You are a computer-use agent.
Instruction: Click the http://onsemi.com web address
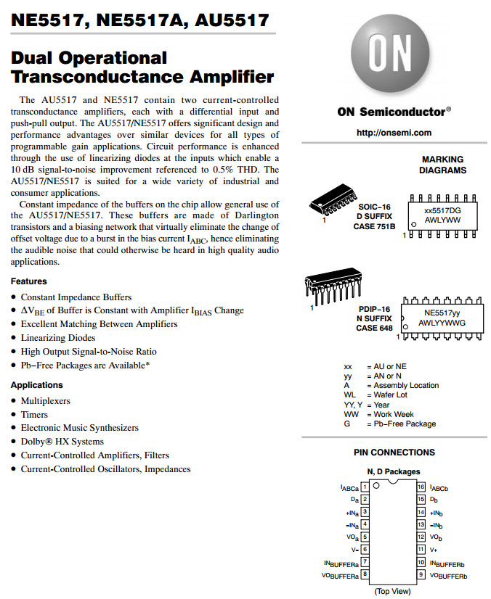[x=394, y=133]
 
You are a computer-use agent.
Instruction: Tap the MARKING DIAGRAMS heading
[x=442, y=165]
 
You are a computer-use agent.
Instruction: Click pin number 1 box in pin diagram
[x=365, y=487]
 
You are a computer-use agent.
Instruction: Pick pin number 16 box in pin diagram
[x=421, y=487]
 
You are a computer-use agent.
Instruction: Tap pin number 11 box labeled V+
[x=421, y=549]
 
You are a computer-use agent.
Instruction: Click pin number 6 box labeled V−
[x=365, y=549]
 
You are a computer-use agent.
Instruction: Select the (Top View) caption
[x=393, y=591]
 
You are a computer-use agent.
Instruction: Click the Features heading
[x=29, y=281]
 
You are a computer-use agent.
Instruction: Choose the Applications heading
[x=37, y=385]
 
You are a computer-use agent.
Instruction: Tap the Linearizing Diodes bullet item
[x=57, y=338]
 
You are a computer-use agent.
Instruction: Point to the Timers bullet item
[x=34, y=415]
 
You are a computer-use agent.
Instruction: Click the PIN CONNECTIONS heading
[x=394, y=453]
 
